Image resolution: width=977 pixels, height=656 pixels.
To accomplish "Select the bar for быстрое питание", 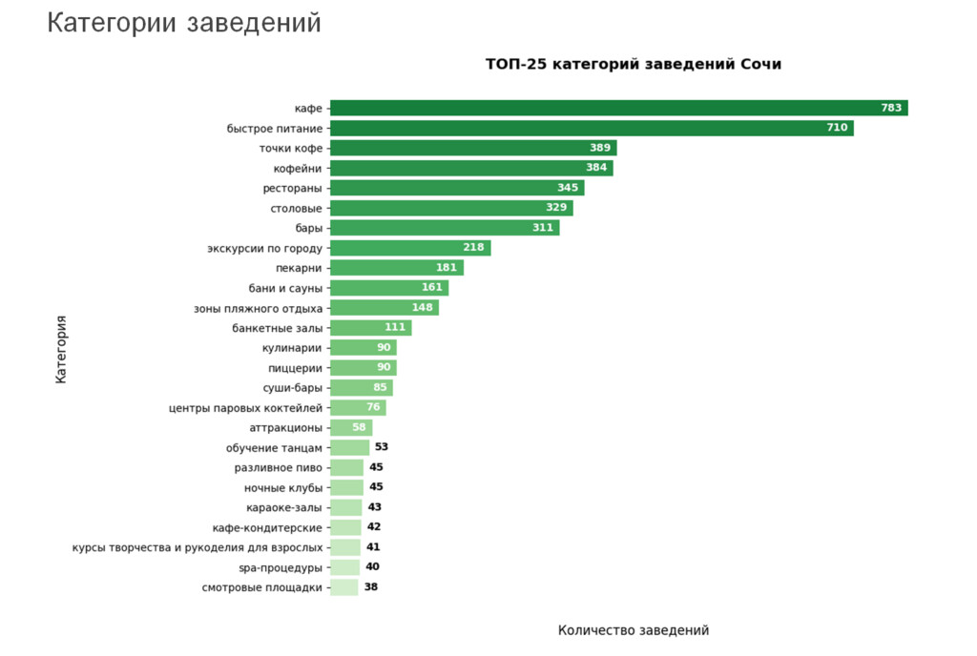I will click(x=592, y=128).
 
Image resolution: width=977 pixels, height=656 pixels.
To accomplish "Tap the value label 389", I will click(x=600, y=148).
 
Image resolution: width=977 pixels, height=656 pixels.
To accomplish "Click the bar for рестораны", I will click(x=457, y=188).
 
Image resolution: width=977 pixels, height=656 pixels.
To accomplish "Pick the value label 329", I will click(x=556, y=208).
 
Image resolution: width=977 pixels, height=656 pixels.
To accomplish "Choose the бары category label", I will click(x=309, y=228).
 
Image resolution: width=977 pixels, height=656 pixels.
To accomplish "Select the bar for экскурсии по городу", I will click(x=411, y=248).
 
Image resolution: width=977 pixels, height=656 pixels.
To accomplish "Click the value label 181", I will click(x=447, y=268).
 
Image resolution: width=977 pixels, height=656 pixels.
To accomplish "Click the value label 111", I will click(x=395, y=328).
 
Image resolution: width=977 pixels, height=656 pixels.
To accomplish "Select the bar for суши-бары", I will click(x=362, y=388).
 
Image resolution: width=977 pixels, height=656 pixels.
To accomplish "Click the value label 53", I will click(x=382, y=447).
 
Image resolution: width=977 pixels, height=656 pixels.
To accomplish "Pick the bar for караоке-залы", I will click(x=346, y=507).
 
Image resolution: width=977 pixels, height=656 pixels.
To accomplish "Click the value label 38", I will click(x=371, y=587).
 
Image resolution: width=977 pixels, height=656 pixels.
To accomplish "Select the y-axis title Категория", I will click(x=61, y=349).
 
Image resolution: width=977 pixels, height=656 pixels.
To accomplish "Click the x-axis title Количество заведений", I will click(x=634, y=630).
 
